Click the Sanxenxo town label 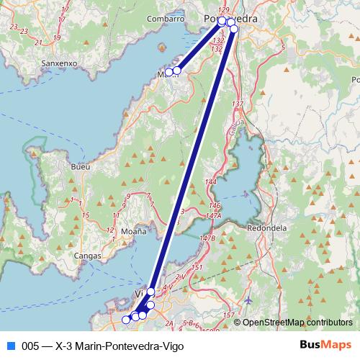point(60,63)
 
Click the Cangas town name point(88,255)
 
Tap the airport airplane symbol point(249,300)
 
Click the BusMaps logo point(325,345)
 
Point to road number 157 point(228,315)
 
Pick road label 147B point(208,238)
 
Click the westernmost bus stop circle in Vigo point(126,319)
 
